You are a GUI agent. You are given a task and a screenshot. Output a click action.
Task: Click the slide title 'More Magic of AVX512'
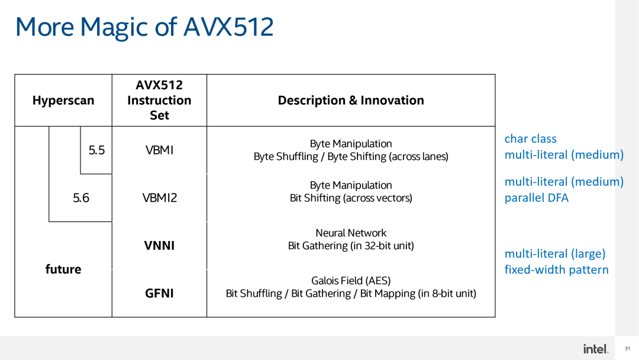coord(144,27)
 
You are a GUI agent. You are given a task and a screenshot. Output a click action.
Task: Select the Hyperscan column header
coord(63,101)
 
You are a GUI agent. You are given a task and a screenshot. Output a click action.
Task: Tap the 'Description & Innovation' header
coord(351,101)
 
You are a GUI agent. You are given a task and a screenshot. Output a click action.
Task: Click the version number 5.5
coord(96,150)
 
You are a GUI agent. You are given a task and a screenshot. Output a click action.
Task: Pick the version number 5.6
coord(81,198)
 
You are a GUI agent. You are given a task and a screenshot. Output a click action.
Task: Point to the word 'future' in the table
coord(63,269)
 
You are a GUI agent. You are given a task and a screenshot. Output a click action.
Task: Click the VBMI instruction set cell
coord(159,150)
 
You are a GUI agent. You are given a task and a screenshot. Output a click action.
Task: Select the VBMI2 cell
coord(159,198)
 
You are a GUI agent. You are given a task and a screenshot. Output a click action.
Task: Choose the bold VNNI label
coord(159,245)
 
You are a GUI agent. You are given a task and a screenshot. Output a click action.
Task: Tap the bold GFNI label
coord(159,293)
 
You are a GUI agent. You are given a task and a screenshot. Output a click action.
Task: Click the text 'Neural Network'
coord(351,233)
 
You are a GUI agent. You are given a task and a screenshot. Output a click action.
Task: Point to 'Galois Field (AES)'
coord(351,281)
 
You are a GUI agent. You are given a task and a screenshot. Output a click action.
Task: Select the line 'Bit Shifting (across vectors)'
coord(351,198)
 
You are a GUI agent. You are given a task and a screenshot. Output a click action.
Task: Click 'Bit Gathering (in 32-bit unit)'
coord(351,245)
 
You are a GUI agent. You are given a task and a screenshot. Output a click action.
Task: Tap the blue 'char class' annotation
coord(530,139)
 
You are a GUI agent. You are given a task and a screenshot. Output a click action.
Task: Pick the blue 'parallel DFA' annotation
coord(536,198)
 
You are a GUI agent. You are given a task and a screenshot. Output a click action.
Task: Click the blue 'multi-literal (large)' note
coord(554,253)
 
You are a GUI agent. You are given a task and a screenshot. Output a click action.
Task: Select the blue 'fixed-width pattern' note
coord(556,269)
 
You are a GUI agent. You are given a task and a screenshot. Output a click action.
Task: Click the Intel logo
coord(595,349)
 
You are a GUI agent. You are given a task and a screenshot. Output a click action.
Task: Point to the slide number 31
coord(628,349)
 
